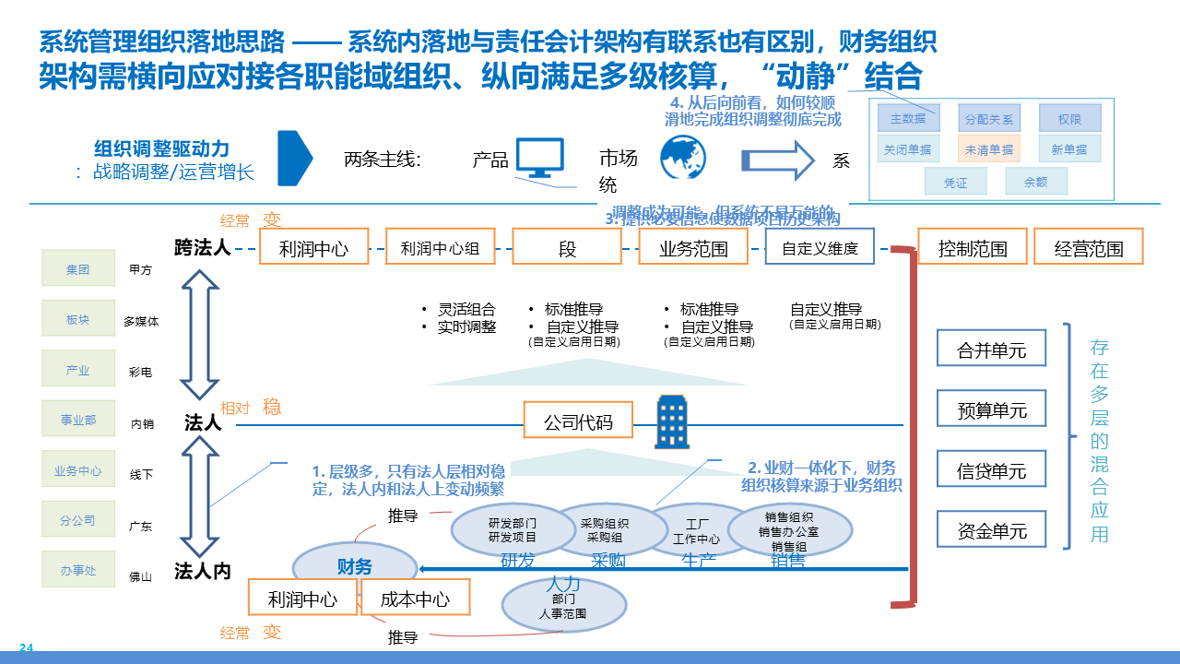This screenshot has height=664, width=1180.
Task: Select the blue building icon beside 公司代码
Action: (672, 422)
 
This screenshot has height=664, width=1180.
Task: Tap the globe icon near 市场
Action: (683, 157)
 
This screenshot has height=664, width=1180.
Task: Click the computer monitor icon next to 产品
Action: (539, 158)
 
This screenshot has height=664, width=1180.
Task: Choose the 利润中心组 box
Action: (440, 247)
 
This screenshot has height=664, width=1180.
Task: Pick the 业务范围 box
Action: (693, 247)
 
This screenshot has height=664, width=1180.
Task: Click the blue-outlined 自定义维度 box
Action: (820, 247)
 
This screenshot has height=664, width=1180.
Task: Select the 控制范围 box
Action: (972, 247)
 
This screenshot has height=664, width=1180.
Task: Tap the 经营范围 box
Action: (1089, 247)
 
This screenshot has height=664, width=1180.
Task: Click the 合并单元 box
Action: (991, 349)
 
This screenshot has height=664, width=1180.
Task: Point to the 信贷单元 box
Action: (991, 469)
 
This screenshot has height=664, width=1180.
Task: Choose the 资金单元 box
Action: (991, 529)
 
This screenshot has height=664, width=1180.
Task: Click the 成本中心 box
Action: (415, 598)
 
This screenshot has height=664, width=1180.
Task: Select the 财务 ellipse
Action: (354, 566)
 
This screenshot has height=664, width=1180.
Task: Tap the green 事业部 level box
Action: (78, 420)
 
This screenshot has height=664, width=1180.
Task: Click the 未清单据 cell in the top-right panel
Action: (988, 148)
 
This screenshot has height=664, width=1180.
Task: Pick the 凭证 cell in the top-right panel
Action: (955, 182)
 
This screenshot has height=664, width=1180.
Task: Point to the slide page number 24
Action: (26, 647)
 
